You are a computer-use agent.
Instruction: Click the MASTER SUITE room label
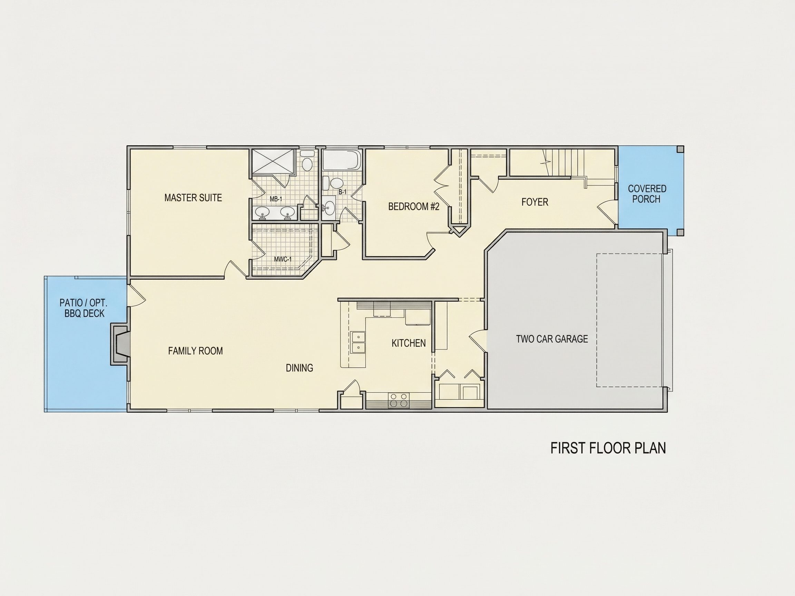pyautogui.click(x=193, y=198)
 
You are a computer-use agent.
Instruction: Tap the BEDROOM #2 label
pyautogui.click(x=414, y=207)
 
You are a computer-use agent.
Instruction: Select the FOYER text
pyautogui.click(x=535, y=202)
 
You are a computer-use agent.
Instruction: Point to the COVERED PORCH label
pyautogui.click(x=647, y=193)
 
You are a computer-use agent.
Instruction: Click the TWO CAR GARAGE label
pyautogui.click(x=552, y=339)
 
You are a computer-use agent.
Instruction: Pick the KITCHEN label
pyautogui.click(x=409, y=343)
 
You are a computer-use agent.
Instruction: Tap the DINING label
pyautogui.click(x=300, y=368)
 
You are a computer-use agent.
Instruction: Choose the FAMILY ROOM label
pyautogui.click(x=196, y=351)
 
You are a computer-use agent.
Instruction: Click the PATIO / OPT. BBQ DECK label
pyautogui.click(x=84, y=308)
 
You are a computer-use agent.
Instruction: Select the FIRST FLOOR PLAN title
pyautogui.click(x=608, y=448)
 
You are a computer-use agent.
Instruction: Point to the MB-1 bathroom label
pyautogui.click(x=276, y=199)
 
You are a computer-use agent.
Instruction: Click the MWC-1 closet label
pyautogui.click(x=283, y=259)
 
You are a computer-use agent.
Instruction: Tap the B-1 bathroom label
pyautogui.click(x=343, y=192)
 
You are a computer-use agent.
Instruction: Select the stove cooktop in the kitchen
pyautogui.click(x=399, y=400)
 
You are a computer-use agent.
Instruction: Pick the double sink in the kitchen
pyautogui.click(x=358, y=342)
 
